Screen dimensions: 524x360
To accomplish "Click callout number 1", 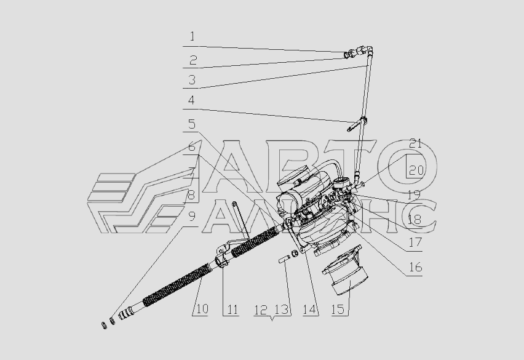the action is coord(192,36).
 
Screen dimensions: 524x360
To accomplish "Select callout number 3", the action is coord(192,80).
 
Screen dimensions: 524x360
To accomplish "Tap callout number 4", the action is coord(191,100).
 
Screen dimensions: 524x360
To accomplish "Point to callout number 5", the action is coord(192,124).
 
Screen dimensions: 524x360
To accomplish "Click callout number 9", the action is coord(192,217).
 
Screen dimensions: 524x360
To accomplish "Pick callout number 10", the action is coord(202,309).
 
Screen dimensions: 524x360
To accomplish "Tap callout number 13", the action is coord(282,310).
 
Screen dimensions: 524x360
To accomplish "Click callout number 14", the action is coord(309,310).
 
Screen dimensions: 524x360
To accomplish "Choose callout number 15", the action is coord(338,310).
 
